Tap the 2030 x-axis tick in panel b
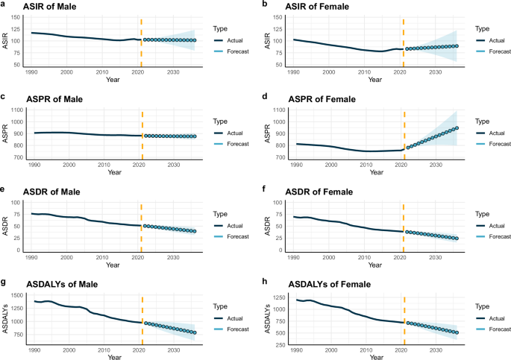[x=436, y=72]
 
